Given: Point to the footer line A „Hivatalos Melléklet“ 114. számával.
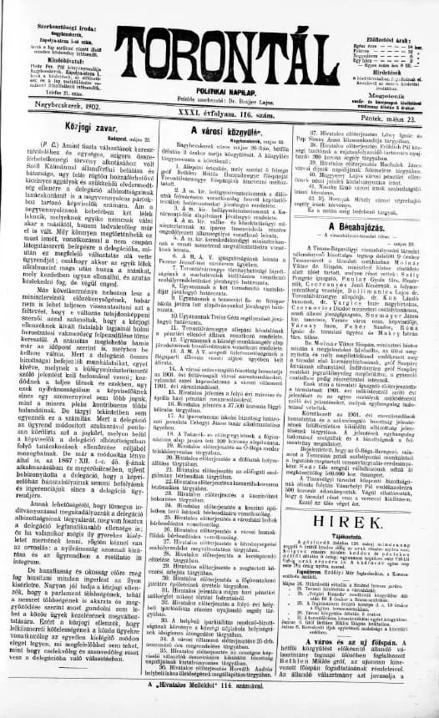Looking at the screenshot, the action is [218, 706].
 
